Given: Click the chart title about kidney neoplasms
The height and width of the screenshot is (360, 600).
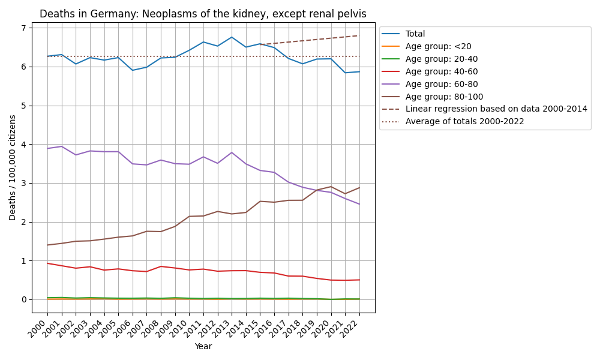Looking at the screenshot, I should pos(203,14).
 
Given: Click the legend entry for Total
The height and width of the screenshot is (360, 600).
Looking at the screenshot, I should pos(415,34).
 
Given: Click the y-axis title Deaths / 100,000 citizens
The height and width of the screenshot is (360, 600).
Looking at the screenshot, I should pos(13,167).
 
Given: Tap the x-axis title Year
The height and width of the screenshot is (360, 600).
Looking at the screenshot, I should pos(203,346).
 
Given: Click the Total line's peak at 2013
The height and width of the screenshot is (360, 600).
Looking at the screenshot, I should pos(232,37).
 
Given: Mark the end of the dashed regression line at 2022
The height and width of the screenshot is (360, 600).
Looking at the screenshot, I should pos(359,35).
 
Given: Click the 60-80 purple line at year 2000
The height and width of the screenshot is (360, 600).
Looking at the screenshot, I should pos(47,148).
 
